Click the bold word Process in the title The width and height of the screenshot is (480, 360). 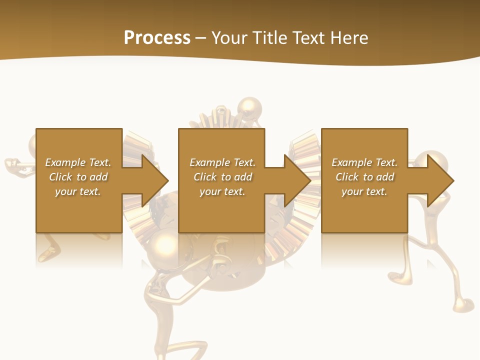(x=157, y=38)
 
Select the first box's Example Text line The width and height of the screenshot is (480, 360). (x=78, y=162)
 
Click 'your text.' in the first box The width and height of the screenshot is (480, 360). (x=78, y=191)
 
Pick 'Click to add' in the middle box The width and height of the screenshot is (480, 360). (x=222, y=177)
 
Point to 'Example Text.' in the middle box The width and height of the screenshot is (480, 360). (x=222, y=162)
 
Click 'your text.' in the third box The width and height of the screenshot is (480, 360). (x=364, y=191)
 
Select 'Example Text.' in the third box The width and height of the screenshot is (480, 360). (x=364, y=162)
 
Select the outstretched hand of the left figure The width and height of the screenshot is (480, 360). (x=12, y=164)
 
